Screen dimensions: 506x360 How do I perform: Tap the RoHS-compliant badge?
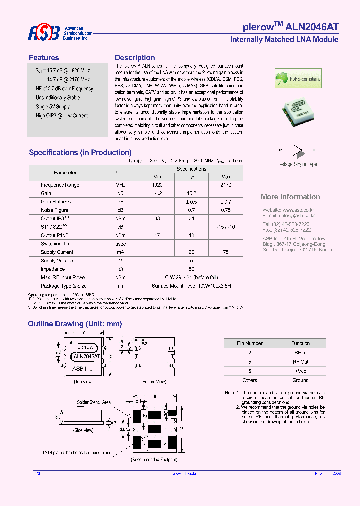click(x=298, y=78)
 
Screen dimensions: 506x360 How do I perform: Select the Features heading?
click(x=44, y=58)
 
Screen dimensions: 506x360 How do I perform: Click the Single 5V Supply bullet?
click(x=53, y=107)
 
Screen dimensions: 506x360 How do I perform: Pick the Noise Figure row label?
click(x=55, y=210)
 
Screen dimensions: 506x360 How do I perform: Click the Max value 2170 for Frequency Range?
click(x=226, y=185)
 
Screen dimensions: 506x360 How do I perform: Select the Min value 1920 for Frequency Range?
click(x=157, y=185)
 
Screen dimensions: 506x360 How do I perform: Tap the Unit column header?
click(x=120, y=172)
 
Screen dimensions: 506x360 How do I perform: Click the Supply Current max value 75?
click(x=226, y=252)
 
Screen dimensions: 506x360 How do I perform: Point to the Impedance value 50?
click(x=191, y=269)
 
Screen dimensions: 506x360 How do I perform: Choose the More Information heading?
click(x=290, y=197)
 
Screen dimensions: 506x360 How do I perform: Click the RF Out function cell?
click(x=300, y=362)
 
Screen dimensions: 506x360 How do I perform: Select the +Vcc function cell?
click(x=300, y=371)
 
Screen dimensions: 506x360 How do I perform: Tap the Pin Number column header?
click(x=249, y=343)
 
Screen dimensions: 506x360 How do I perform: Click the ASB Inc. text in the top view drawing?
click(x=83, y=368)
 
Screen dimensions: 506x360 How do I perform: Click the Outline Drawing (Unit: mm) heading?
click(x=75, y=324)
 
